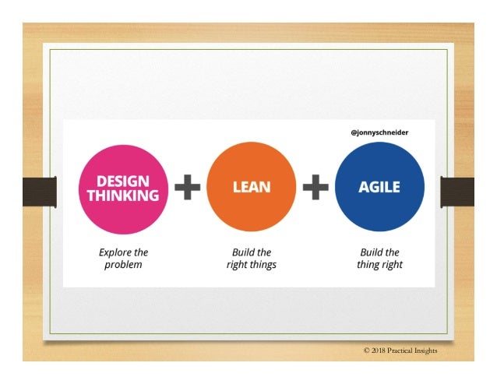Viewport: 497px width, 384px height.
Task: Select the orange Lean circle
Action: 252,189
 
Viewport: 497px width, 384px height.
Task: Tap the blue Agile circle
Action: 379,189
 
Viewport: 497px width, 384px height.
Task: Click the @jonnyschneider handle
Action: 380,132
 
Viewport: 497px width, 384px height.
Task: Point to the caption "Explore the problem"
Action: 123,259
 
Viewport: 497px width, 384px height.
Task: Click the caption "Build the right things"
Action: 252,259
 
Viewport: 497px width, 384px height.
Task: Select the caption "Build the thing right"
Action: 380,259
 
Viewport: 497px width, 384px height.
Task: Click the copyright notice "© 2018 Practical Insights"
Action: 400,351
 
